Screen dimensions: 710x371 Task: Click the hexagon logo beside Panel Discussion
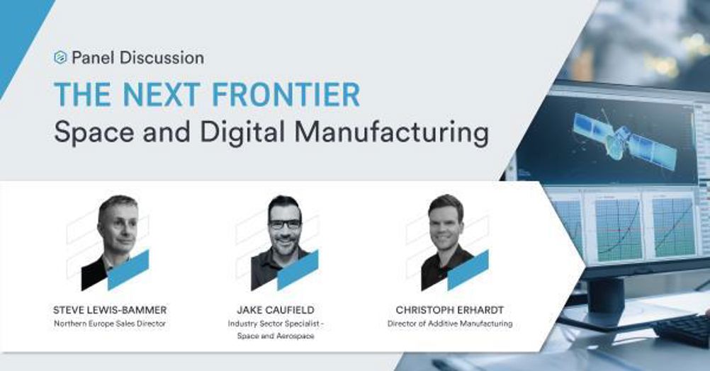point(60,57)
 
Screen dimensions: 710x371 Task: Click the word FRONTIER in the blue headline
point(286,95)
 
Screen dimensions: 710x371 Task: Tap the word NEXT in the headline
point(161,95)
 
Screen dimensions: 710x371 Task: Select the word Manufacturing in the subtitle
point(392,132)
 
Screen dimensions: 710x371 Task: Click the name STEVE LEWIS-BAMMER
point(110,310)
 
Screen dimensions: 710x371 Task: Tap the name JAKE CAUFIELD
point(276,310)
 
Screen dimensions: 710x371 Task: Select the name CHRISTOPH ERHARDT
point(450,310)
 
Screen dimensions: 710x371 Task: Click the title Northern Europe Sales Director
point(110,324)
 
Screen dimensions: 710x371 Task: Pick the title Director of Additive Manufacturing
point(450,324)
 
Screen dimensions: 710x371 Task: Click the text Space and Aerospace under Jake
point(276,336)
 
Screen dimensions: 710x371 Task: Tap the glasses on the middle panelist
point(286,224)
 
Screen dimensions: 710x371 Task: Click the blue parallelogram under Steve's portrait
point(128,270)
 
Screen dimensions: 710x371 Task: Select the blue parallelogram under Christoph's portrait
point(468,270)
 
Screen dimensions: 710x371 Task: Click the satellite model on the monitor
point(624,141)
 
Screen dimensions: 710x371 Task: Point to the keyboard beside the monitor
point(682,329)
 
